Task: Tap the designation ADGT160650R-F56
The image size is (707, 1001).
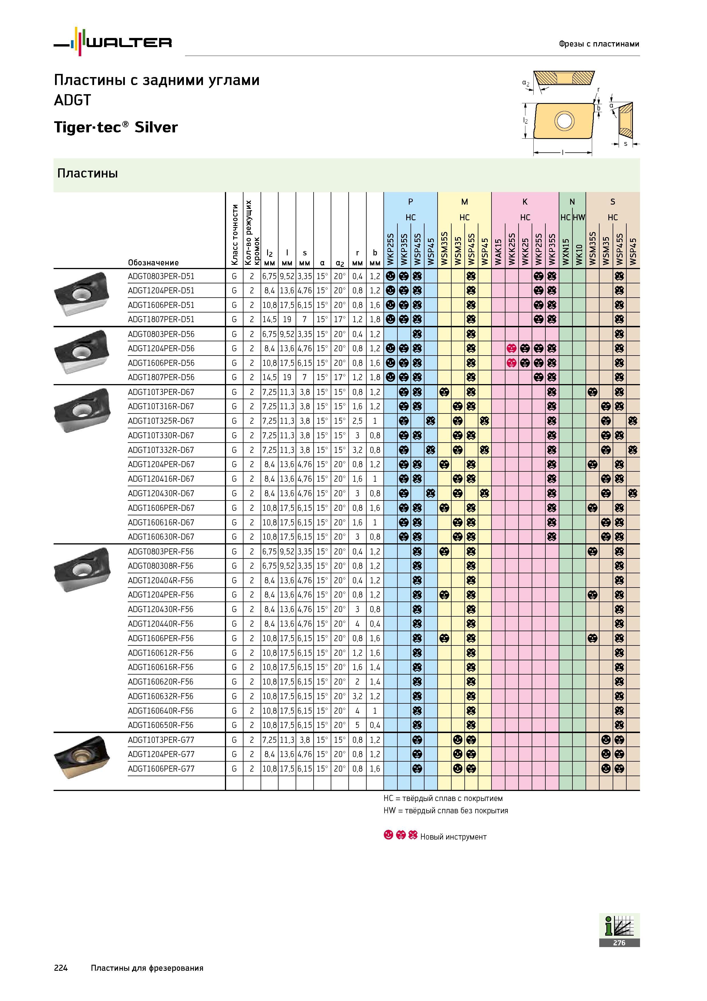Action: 161,725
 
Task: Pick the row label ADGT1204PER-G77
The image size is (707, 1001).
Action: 161,754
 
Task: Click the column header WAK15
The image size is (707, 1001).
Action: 498,252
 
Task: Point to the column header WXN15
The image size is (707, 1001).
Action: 565,252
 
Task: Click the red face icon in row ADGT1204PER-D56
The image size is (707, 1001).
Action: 511,349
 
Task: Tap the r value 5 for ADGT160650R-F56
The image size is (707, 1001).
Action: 357,725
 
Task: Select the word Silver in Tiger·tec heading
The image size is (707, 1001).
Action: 156,127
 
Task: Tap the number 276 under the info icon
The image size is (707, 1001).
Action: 619,943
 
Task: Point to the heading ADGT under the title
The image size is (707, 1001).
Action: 72,100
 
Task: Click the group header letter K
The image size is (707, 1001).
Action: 525,202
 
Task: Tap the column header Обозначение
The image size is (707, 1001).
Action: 153,263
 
